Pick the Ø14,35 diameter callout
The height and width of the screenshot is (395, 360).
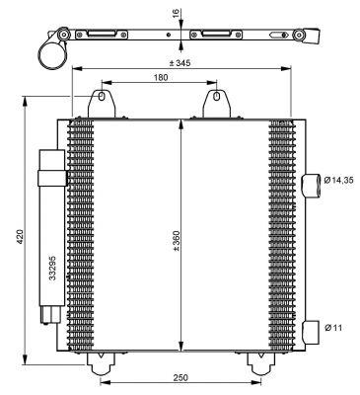point(335,182)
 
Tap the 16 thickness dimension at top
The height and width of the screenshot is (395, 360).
point(171,16)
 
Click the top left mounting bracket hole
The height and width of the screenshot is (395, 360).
point(101,100)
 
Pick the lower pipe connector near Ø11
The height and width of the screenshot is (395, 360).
point(311,328)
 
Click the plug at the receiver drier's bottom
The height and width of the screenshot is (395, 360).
point(49,315)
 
